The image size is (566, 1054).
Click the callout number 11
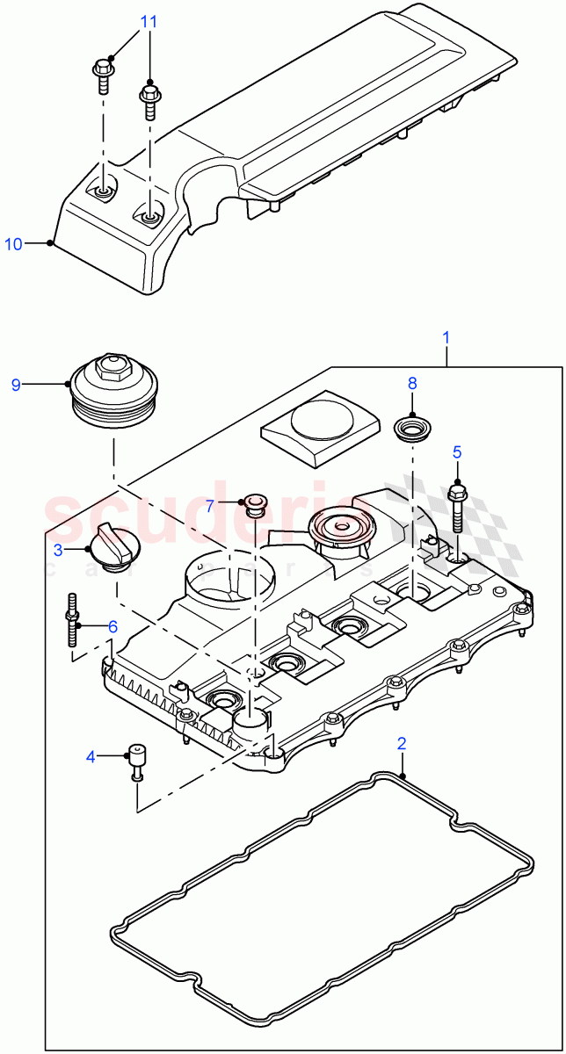[149, 22]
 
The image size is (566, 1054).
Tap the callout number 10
[14, 244]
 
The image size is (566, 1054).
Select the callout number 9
[15, 384]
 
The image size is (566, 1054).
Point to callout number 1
[446, 337]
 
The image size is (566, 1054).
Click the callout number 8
[412, 383]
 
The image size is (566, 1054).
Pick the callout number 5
[456, 452]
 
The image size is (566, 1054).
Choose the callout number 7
[210, 505]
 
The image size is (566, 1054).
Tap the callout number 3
[57, 550]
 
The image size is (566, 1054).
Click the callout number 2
[402, 743]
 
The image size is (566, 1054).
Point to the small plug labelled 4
[137, 760]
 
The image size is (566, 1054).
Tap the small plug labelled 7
[255, 503]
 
